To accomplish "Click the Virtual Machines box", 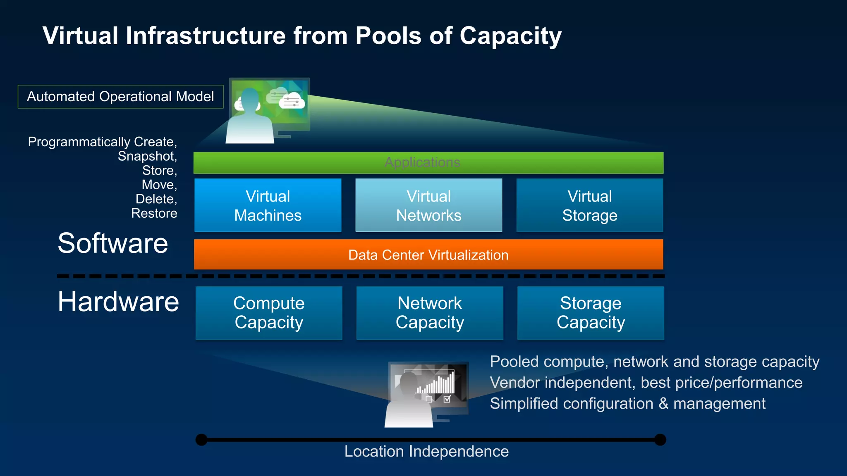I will click(x=268, y=205).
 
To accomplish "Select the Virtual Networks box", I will click(x=428, y=205).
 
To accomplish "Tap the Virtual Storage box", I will click(x=589, y=205).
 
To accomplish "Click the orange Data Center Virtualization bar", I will click(x=428, y=255).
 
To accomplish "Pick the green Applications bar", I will click(x=428, y=162).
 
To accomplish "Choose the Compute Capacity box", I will click(x=269, y=313).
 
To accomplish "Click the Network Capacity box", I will click(x=430, y=313).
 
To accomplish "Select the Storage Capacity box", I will click(x=591, y=313).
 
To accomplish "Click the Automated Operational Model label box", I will click(x=120, y=97).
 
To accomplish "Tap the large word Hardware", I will click(x=118, y=301).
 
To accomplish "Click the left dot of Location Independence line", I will click(x=201, y=440).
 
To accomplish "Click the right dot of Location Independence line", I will click(x=660, y=440).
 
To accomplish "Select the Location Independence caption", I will click(x=426, y=451).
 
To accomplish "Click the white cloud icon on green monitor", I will click(x=292, y=101).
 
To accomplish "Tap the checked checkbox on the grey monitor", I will click(x=447, y=399).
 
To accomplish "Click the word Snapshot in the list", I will click(x=147, y=156).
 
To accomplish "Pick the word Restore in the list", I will click(x=154, y=213).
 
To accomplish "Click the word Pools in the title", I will click(x=388, y=36).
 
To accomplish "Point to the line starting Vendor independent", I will click(x=646, y=383).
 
